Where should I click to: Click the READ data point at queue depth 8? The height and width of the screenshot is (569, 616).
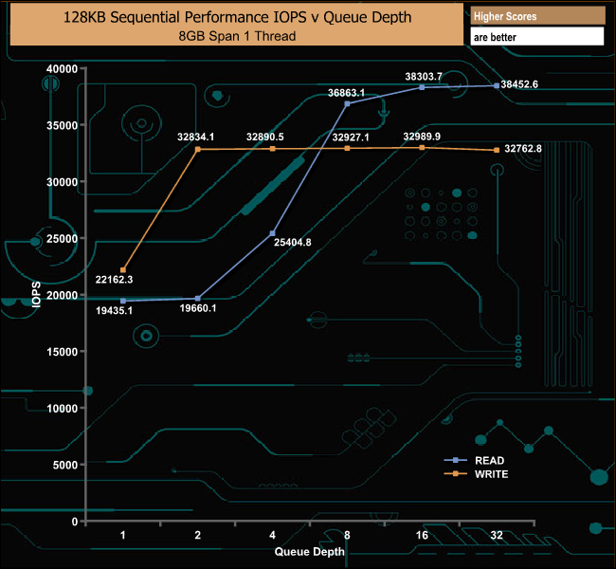tap(347, 103)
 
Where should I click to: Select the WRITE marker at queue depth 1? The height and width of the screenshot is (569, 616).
tap(123, 270)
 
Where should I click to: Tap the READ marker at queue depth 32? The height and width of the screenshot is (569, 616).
tap(497, 85)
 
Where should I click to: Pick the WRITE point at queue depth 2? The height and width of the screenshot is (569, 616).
tap(198, 149)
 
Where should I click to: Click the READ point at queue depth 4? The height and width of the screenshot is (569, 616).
tap(272, 233)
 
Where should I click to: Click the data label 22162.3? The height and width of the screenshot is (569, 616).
tap(114, 279)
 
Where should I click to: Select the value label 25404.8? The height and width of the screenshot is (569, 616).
tap(292, 243)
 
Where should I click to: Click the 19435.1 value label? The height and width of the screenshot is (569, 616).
tap(114, 309)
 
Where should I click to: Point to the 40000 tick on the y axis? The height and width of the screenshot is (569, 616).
tap(63, 69)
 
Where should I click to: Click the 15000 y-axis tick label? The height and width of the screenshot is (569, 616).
tap(63, 352)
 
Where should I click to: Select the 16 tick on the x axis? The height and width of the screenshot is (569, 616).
tap(422, 536)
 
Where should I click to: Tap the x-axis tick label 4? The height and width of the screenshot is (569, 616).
tap(273, 536)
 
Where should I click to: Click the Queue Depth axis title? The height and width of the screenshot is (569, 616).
tap(310, 551)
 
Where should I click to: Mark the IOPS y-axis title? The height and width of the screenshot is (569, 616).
tap(35, 294)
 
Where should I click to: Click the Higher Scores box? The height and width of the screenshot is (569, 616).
tap(537, 16)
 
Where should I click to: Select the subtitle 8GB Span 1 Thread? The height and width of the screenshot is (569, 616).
tap(235, 36)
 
